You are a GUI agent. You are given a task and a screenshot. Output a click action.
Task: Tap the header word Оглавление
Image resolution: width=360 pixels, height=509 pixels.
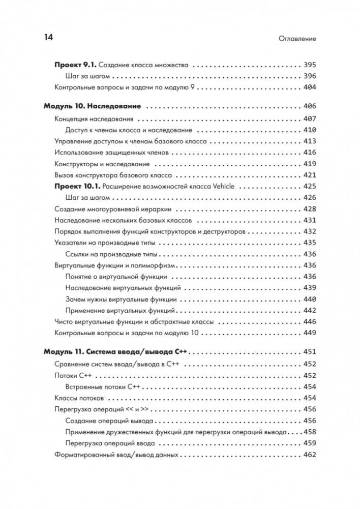tap(297, 39)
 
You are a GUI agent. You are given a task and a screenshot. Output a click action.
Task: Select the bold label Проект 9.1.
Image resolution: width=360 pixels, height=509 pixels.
tap(74, 65)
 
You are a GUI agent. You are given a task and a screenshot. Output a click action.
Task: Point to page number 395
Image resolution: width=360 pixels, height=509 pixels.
tap(309, 65)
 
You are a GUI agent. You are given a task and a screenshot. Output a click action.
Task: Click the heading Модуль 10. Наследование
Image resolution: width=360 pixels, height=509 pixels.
tap(92, 107)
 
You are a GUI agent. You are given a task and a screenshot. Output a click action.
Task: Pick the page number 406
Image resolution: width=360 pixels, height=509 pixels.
tap(309, 107)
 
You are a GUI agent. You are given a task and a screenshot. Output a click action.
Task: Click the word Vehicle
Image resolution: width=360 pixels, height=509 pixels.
tap(222, 186)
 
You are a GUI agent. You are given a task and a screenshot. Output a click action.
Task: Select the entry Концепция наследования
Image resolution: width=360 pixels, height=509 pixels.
tap(94, 119)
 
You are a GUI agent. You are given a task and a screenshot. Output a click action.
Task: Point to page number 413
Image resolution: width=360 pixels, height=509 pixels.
tap(309, 141)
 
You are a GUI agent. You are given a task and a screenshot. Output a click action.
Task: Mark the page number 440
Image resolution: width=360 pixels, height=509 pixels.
tap(309, 299)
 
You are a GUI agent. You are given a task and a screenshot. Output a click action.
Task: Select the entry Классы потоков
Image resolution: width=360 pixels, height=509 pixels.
tap(79, 398)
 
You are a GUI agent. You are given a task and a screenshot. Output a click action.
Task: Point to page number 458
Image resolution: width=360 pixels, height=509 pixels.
tap(309, 432)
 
